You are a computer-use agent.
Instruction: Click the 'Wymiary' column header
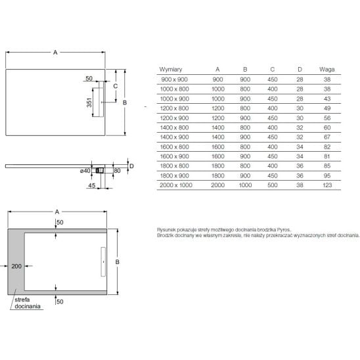pos(171,70)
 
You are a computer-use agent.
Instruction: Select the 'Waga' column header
pos(326,70)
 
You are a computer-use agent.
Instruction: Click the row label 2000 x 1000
pos(176,185)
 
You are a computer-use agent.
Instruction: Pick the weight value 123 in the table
pos(327,185)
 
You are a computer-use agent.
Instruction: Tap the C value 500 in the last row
pos(272,185)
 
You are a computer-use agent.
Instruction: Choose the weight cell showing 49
pos(327,108)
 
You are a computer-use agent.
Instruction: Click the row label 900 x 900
pos(174,79)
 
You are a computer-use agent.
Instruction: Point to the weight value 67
pos(327,137)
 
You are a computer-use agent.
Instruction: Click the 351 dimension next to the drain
pos(89,102)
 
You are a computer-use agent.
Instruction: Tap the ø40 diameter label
pos(85,171)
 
